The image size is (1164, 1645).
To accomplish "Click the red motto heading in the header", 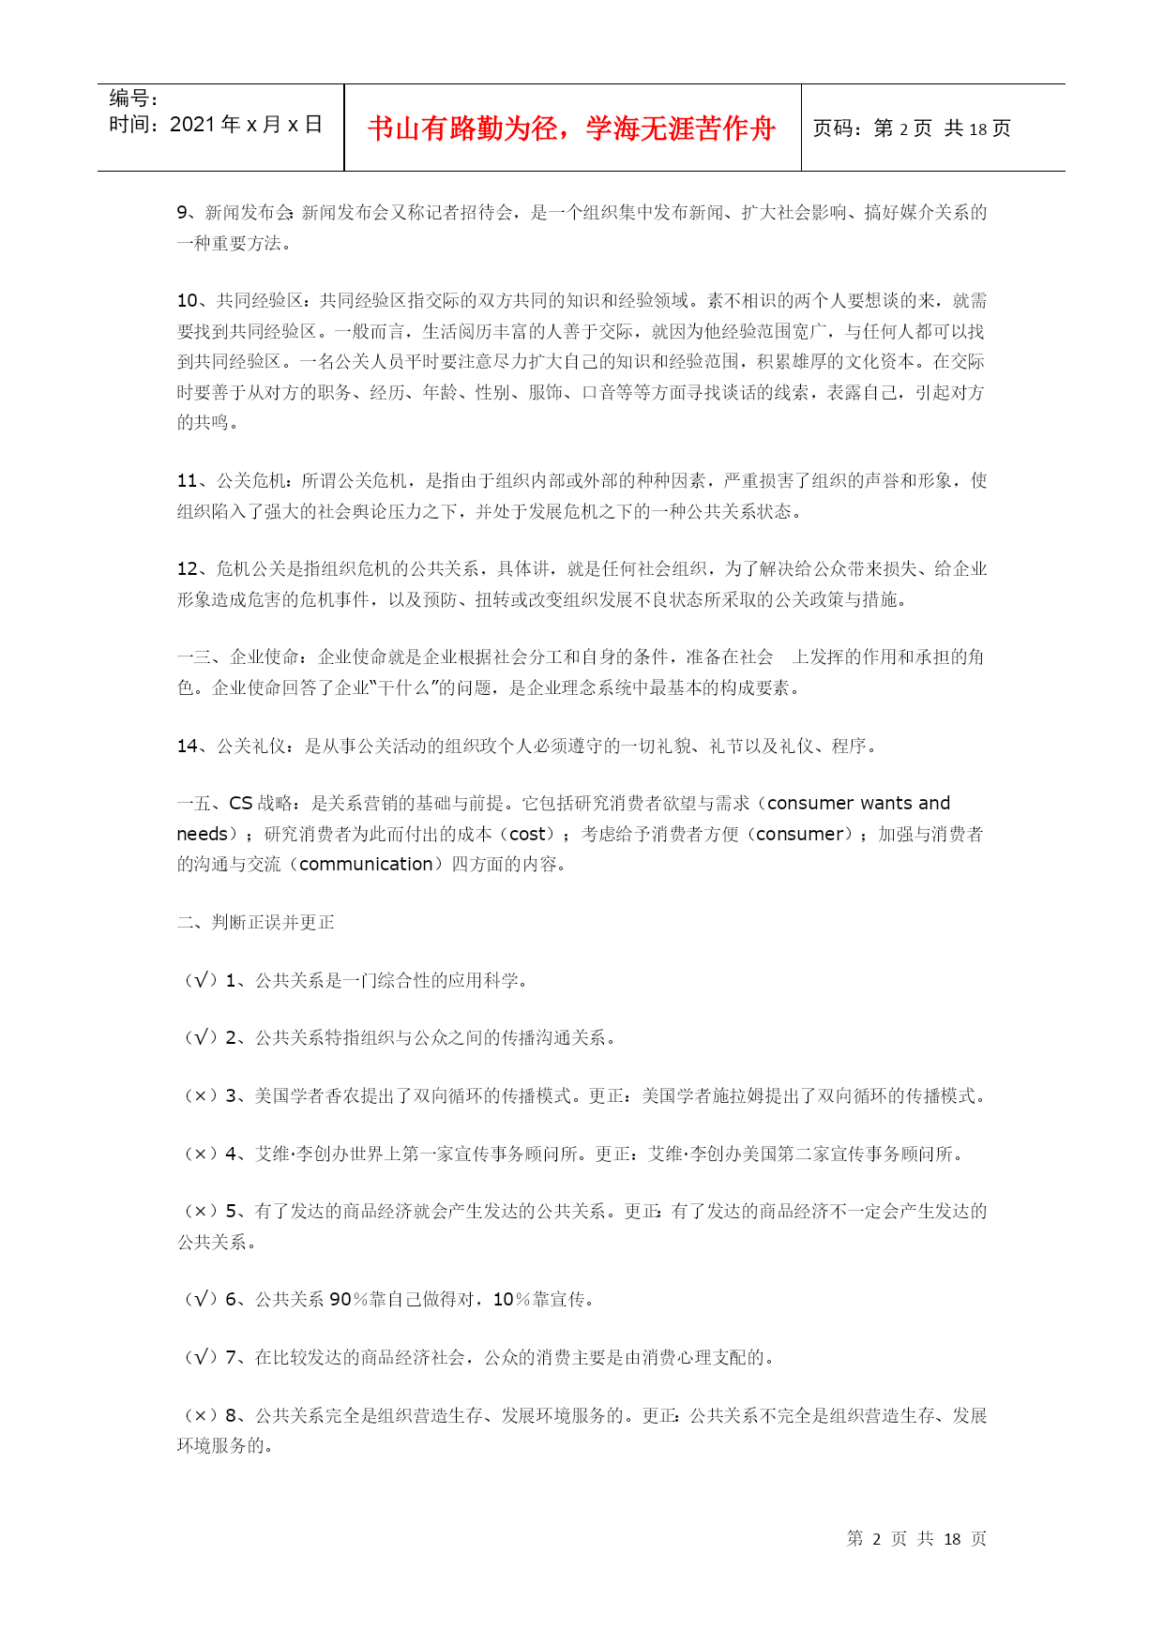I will (x=571, y=128).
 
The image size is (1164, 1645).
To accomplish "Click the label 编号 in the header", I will (x=133, y=98).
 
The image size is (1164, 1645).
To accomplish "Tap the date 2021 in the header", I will (x=192, y=125).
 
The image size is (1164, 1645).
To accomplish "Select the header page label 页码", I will (x=838, y=128).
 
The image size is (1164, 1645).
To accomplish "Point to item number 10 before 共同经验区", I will (x=188, y=301).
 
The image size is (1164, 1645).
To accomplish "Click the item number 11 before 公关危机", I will (x=188, y=481).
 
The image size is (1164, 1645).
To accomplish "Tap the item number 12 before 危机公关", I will (x=188, y=569).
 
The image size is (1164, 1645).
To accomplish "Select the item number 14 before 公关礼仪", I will (x=188, y=747).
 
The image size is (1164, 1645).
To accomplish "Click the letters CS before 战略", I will (x=241, y=804).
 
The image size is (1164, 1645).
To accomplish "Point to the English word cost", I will (x=527, y=835).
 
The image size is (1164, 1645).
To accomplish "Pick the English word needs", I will (x=202, y=835).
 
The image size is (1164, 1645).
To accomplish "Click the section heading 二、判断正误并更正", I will (x=255, y=923).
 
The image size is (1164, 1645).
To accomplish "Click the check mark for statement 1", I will (x=201, y=981).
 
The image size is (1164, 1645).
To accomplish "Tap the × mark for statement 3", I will (x=201, y=1096).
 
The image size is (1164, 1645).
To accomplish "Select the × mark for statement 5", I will (x=201, y=1212).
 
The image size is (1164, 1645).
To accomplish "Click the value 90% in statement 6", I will (x=348, y=1300).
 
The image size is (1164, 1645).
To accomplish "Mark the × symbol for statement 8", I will (x=201, y=1416).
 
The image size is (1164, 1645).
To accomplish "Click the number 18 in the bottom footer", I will (x=952, y=1539).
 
